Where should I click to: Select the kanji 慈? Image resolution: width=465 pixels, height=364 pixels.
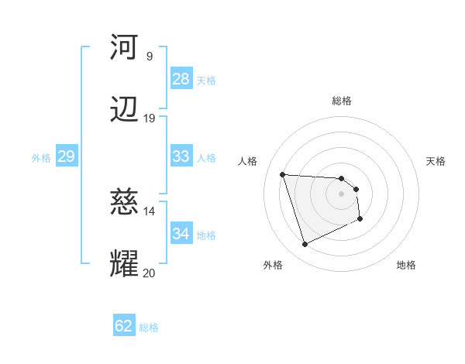(x=124, y=203)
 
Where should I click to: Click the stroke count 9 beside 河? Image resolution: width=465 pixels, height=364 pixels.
(x=149, y=56)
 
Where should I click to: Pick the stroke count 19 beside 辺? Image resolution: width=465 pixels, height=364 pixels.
(x=149, y=118)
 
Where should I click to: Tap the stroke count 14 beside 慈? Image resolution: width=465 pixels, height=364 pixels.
(x=149, y=211)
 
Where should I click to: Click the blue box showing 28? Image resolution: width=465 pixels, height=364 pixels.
(x=181, y=79)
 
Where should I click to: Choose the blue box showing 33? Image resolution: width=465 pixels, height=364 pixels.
(x=181, y=156)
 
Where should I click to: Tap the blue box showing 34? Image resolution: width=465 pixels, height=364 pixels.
(x=181, y=234)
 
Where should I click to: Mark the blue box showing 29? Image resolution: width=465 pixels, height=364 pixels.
(x=66, y=156)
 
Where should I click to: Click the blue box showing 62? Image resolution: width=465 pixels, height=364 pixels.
(x=124, y=326)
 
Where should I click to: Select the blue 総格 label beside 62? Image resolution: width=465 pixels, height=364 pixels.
(x=149, y=328)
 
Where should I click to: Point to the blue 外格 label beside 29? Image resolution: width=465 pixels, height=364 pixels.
(x=41, y=158)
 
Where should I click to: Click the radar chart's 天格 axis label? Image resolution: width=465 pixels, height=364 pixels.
(x=436, y=161)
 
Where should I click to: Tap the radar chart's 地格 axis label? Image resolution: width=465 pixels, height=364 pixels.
(x=406, y=265)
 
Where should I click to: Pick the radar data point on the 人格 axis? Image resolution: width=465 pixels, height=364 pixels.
(x=283, y=174)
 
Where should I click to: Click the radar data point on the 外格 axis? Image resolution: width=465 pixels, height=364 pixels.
(x=305, y=245)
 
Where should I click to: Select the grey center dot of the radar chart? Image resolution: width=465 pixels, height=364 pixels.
(x=341, y=194)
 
